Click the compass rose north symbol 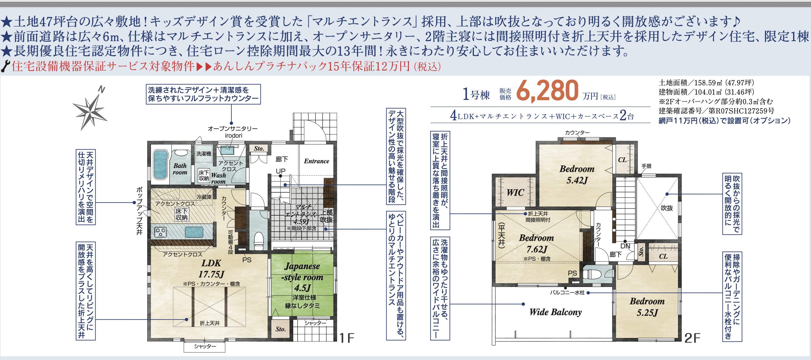coord(91,108)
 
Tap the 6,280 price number coord(547,90)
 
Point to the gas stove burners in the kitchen coord(161,232)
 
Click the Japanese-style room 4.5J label coord(302,277)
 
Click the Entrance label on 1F coord(316,161)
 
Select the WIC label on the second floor coord(515,193)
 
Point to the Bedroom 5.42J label coord(577,174)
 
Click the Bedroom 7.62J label coord(536,243)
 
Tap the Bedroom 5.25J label coord(647,307)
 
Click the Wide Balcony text coord(556,312)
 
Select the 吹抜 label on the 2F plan coord(667,208)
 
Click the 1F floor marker coord(347,338)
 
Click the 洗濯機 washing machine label coord(204,154)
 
